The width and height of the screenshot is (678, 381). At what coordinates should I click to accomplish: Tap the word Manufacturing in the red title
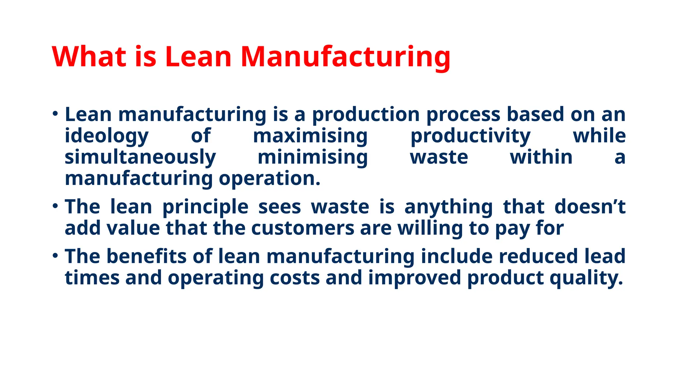(345, 57)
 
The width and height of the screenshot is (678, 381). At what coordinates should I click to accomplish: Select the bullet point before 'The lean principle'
(55, 206)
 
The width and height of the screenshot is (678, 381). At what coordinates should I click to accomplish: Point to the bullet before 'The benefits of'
(55, 256)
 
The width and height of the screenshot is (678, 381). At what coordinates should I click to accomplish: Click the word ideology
(107, 136)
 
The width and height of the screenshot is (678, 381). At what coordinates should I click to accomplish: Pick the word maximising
(310, 136)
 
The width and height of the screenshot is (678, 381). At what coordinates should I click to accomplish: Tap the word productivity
(470, 136)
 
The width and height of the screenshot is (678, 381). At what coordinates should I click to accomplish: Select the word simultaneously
(140, 157)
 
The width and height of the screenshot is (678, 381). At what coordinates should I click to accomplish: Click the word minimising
(313, 157)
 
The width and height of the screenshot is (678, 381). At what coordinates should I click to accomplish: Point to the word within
(541, 157)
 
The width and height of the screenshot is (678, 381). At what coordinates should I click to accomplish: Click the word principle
(205, 207)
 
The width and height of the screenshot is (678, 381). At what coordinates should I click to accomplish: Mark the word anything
(449, 207)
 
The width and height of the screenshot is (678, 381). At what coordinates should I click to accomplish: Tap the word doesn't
(590, 207)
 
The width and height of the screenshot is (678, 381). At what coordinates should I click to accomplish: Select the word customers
(303, 228)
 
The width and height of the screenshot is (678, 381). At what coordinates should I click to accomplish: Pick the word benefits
(147, 256)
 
